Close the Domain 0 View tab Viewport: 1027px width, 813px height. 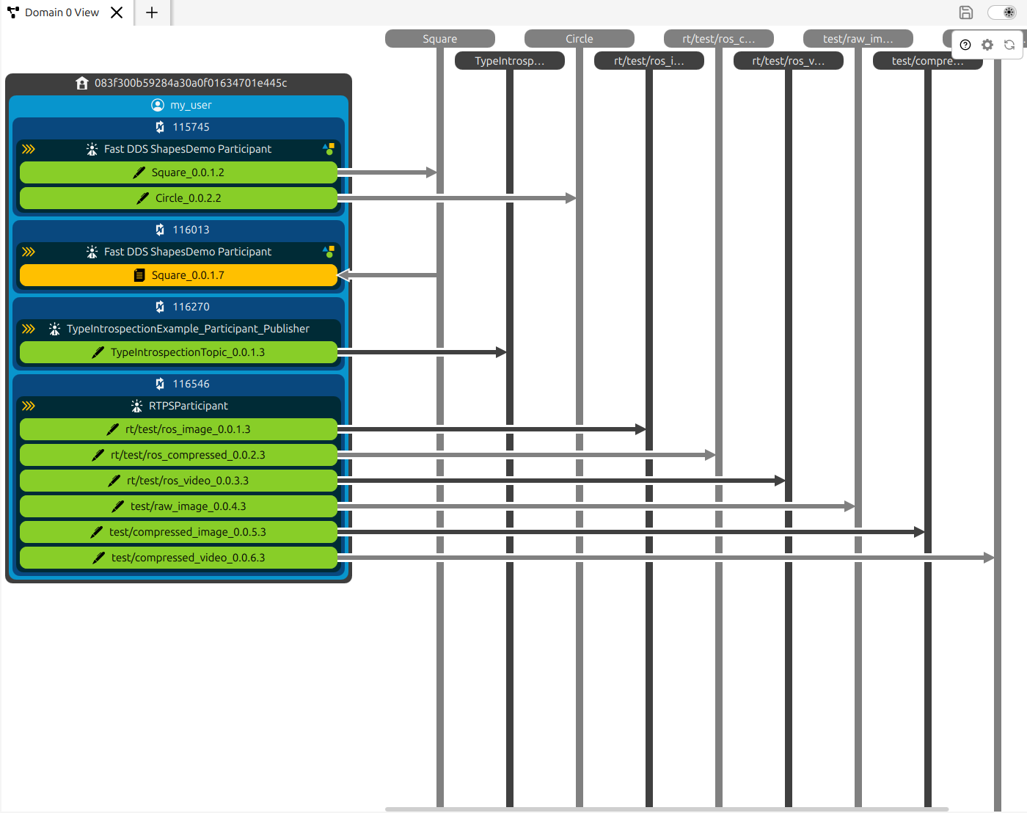click(117, 12)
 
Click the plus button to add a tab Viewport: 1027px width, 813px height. click(152, 12)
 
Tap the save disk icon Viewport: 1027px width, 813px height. click(965, 12)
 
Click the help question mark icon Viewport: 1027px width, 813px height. click(965, 45)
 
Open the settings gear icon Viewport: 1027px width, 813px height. click(987, 45)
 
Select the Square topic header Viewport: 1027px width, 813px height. click(439, 39)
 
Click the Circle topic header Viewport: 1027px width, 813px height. click(579, 39)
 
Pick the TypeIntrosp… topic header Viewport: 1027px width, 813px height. click(509, 61)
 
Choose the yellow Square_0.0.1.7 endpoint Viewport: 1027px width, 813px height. click(178, 275)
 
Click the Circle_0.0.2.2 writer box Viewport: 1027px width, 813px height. click(178, 198)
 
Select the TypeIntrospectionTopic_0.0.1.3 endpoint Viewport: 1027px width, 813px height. click(178, 352)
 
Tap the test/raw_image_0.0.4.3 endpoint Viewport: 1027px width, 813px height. click(178, 506)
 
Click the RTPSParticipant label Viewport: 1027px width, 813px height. click(188, 406)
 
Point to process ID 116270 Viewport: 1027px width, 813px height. click(191, 307)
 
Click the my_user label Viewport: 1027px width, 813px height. click(191, 105)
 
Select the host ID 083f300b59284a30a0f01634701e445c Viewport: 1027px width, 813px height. click(191, 83)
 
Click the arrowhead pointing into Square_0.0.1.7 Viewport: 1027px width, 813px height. click(343, 275)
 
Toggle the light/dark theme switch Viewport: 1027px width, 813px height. click(1002, 12)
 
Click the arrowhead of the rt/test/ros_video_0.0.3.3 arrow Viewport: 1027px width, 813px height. click(780, 481)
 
